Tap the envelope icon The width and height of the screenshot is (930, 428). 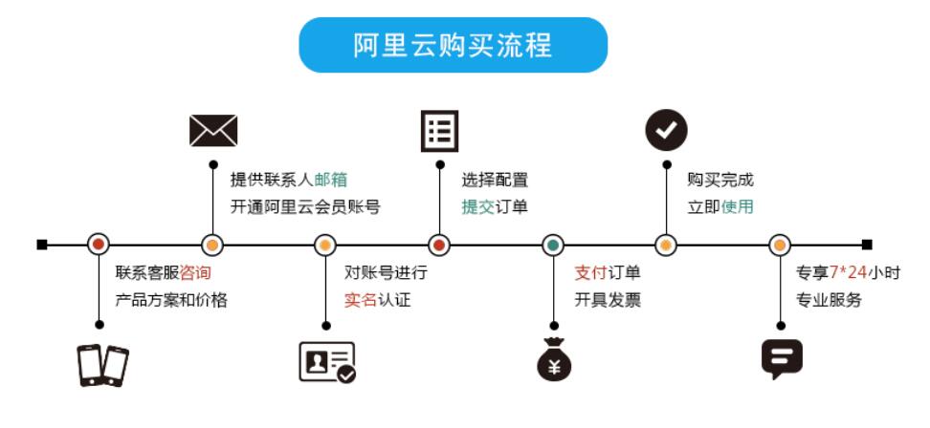pos(212,130)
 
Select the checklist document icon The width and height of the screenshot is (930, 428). pos(439,131)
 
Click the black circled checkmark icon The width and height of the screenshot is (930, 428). pos(666,130)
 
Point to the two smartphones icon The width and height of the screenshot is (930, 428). pos(102,364)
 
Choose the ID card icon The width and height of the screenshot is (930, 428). pos(327,362)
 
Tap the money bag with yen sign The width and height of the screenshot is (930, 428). pos(553,360)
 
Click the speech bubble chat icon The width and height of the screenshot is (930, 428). pos(781,358)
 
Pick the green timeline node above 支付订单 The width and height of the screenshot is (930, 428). pos(553,245)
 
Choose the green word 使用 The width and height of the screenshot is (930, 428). pos(738,207)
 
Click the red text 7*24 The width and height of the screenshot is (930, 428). pos(848,272)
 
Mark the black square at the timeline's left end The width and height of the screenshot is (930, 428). pos(42,245)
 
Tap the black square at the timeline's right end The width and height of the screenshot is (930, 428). pos(867,245)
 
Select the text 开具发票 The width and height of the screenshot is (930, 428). pos(608,300)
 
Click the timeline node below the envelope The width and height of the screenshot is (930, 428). pos(212,245)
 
